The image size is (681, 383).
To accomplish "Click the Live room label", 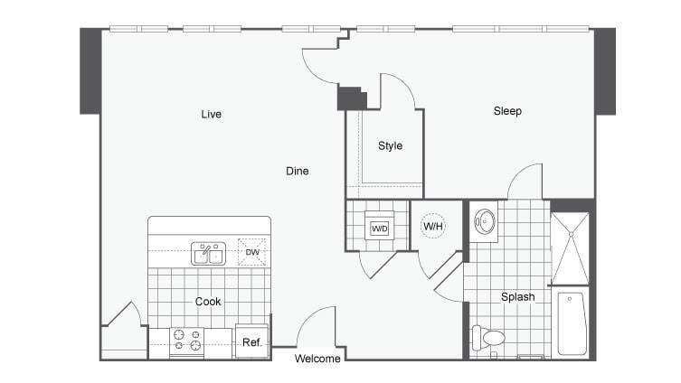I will click(x=212, y=114).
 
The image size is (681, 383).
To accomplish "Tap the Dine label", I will click(x=298, y=171).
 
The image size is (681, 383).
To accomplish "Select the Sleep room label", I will click(x=507, y=111).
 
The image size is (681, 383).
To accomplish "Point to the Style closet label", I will click(x=390, y=145).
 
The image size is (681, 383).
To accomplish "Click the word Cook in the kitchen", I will click(x=208, y=302).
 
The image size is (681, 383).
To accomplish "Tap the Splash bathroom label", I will click(x=518, y=296).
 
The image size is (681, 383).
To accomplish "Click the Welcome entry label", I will click(x=318, y=359).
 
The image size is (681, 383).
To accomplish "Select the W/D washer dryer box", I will click(x=380, y=229).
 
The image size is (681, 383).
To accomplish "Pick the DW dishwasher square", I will click(x=252, y=252).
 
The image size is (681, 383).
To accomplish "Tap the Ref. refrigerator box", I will click(x=251, y=342).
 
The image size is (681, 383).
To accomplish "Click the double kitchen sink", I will click(x=207, y=255).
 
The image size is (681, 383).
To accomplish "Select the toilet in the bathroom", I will click(x=488, y=338).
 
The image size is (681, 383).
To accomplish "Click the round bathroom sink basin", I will click(x=486, y=220).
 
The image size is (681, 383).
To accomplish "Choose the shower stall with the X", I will click(x=570, y=248).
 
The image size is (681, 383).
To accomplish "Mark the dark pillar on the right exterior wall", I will click(x=604, y=70).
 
